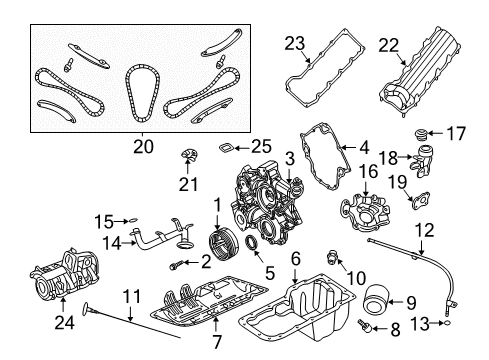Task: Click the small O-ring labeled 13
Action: click(x=449, y=322)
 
